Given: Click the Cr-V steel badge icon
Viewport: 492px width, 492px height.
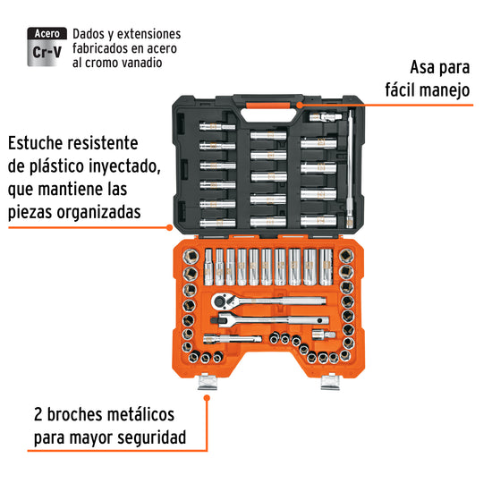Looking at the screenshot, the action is tap(47, 47).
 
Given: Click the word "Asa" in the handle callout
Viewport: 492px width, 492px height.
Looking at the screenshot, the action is tap(421, 68).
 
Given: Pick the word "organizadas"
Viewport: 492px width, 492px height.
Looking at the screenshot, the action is tap(98, 212).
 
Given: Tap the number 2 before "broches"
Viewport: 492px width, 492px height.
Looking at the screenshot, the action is tap(38, 415).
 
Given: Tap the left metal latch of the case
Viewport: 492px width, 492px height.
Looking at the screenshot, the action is tap(208, 382).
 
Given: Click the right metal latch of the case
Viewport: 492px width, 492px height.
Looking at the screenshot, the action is tap(330, 382).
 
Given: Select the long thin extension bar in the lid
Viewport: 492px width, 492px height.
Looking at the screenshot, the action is tap(350, 168).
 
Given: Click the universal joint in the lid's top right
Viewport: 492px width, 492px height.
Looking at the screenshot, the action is tap(326, 117).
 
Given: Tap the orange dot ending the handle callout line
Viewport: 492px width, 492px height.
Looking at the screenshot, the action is tap(300, 106).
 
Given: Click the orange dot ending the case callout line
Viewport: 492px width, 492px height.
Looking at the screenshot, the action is tap(169, 227).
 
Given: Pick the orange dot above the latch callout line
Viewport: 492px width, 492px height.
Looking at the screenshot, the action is tap(207, 398).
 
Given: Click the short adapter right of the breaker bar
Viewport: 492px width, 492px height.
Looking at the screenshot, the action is tap(324, 335).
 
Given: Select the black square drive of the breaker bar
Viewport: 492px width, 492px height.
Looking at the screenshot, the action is tap(216, 320).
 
